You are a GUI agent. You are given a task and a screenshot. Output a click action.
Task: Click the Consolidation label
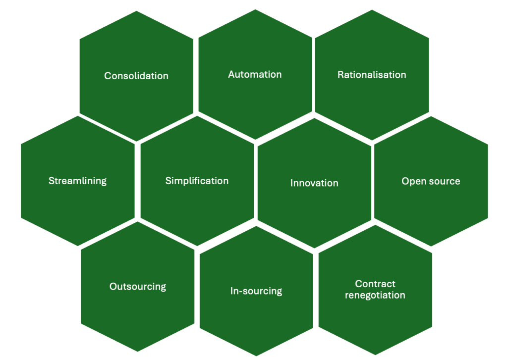pyautogui.click(x=136, y=76)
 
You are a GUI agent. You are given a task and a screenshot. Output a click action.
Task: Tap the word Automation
pyautogui.click(x=255, y=74)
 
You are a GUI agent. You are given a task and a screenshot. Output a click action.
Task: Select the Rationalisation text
pyautogui.click(x=372, y=75)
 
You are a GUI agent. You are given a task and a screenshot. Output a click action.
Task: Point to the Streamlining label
pyautogui.click(x=77, y=181)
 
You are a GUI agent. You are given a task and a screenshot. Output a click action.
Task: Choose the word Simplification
pyautogui.click(x=197, y=181)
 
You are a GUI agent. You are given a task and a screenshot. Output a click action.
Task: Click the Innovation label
pyautogui.click(x=314, y=183)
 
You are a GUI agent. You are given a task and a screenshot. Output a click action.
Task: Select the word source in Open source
pyautogui.click(x=443, y=181)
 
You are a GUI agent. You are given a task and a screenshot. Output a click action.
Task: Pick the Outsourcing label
pyautogui.click(x=138, y=286)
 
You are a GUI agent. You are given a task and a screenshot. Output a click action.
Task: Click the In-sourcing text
pyautogui.click(x=256, y=291)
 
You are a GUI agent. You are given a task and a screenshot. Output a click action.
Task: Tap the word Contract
pyautogui.click(x=375, y=284)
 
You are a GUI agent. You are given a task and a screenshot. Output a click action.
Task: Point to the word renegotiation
pyautogui.click(x=375, y=295)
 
